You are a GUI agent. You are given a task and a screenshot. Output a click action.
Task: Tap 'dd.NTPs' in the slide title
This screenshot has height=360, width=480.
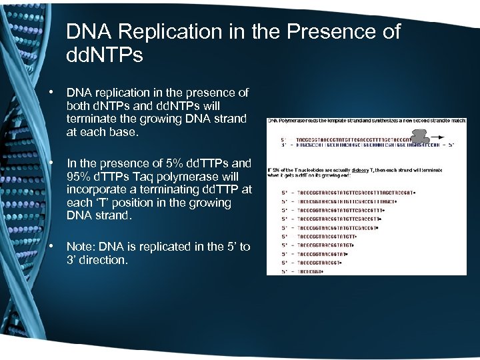[105, 55]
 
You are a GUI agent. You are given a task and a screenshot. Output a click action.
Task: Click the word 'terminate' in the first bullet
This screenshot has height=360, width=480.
[91, 119]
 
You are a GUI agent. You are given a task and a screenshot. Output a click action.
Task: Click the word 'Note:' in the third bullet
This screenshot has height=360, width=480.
[81, 247]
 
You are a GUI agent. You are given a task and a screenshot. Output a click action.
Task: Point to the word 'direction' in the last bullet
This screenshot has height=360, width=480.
[103, 260]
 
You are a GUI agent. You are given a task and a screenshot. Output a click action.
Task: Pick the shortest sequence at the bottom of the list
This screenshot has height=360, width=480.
[311, 271]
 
